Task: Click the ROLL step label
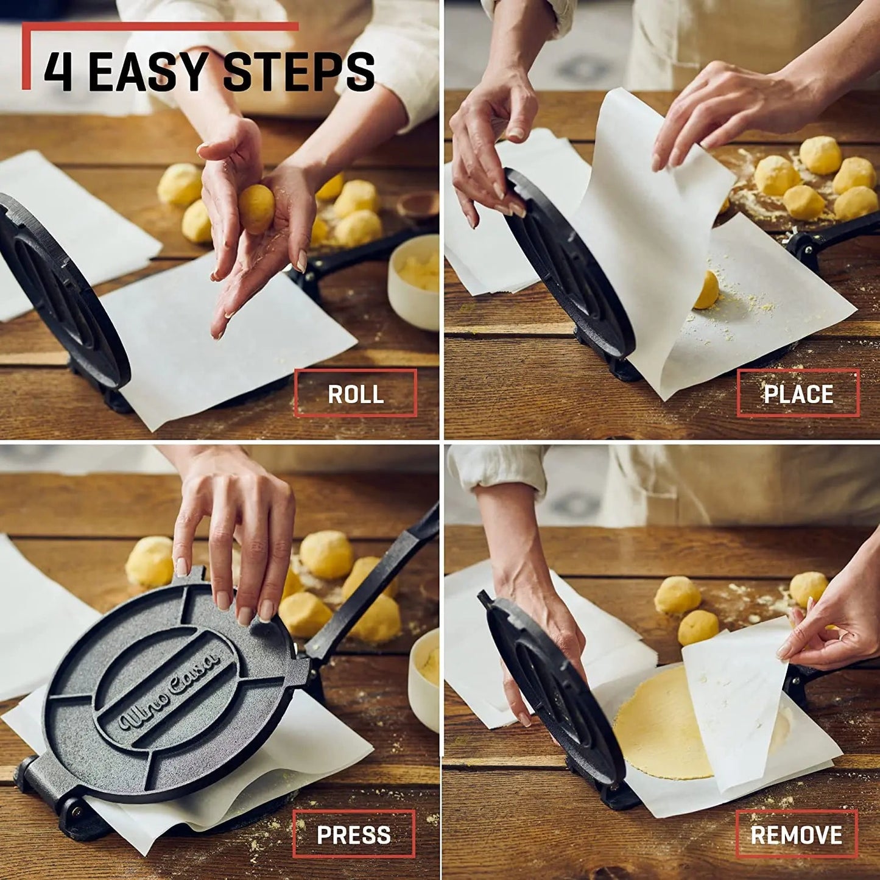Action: point(356,393)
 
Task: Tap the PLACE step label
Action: point(798,393)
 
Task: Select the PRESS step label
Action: point(354,834)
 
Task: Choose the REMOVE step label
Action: point(797,834)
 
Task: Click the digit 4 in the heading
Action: point(58,72)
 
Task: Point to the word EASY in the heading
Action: point(149,72)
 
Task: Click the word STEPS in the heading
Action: point(298,72)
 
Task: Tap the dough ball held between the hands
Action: point(256,209)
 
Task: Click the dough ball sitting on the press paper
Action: point(707,290)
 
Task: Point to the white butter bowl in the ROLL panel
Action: point(415,280)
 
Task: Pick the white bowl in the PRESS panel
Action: point(424,676)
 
